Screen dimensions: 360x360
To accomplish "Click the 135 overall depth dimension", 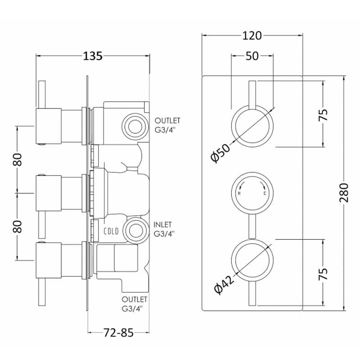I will tap(93, 56).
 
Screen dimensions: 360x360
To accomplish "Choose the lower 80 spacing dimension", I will tap(18, 225).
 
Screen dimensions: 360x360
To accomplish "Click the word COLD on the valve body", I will tap(111, 231).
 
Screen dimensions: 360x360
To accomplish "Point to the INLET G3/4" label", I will tap(164, 229).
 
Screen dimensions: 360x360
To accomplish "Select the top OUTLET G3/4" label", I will tap(167, 125).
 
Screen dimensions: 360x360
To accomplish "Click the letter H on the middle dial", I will tap(238, 193).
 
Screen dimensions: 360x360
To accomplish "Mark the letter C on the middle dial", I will tap(265, 193).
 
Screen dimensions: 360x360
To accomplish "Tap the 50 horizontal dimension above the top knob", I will tap(252, 56).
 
